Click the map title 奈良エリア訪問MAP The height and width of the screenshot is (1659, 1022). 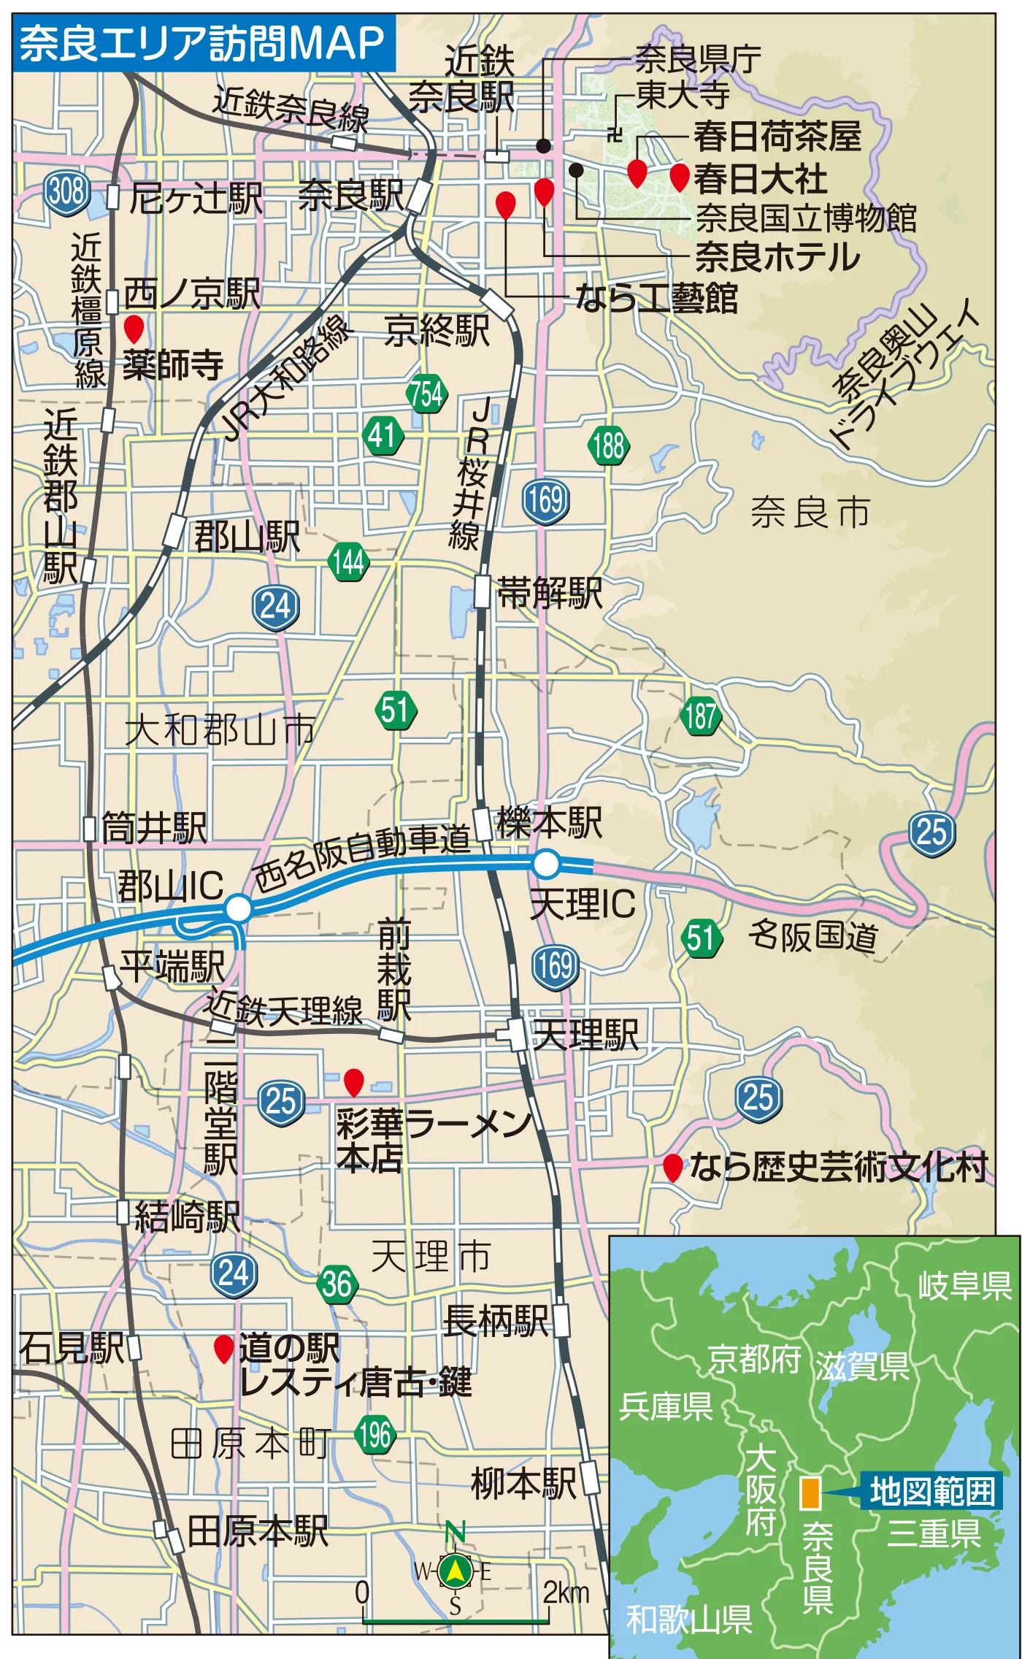coord(201,43)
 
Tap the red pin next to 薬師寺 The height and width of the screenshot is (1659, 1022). coord(134,329)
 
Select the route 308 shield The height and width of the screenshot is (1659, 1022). coord(66,193)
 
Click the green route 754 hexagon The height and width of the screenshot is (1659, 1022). coord(426,394)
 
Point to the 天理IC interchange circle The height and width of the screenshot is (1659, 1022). coord(546,864)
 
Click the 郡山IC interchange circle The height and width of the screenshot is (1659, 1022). coord(239,909)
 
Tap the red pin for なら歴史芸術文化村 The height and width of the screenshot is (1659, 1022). coord(672,1167)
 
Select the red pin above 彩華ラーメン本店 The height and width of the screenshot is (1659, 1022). coord(354,1081)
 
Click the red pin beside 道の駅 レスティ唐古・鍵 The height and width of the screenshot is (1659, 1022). coord(223,1348)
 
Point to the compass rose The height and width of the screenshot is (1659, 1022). coord(454,1571)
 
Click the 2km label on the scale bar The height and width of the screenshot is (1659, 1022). coord(566,1593)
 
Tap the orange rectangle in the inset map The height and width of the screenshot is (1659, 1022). coord(810,1493)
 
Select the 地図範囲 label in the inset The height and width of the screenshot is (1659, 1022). coord(931,1490)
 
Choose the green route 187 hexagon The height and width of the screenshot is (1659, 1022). coord(701,716)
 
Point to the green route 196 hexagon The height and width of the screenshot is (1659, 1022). coord(375,1435)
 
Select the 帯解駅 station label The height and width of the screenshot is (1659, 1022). coord(550,592)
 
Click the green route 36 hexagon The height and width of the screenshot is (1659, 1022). coord(337,1283)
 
